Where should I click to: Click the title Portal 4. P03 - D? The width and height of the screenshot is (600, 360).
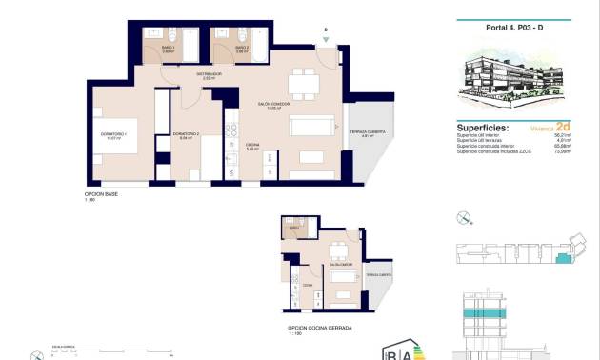point(514,30)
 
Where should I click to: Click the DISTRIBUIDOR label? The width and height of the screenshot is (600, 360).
point(210,74)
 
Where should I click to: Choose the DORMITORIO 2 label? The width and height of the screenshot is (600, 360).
point(186,135)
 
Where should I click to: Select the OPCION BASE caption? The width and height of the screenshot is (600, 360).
point(101,193)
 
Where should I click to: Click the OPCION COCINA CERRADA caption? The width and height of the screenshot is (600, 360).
point(320,327)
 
